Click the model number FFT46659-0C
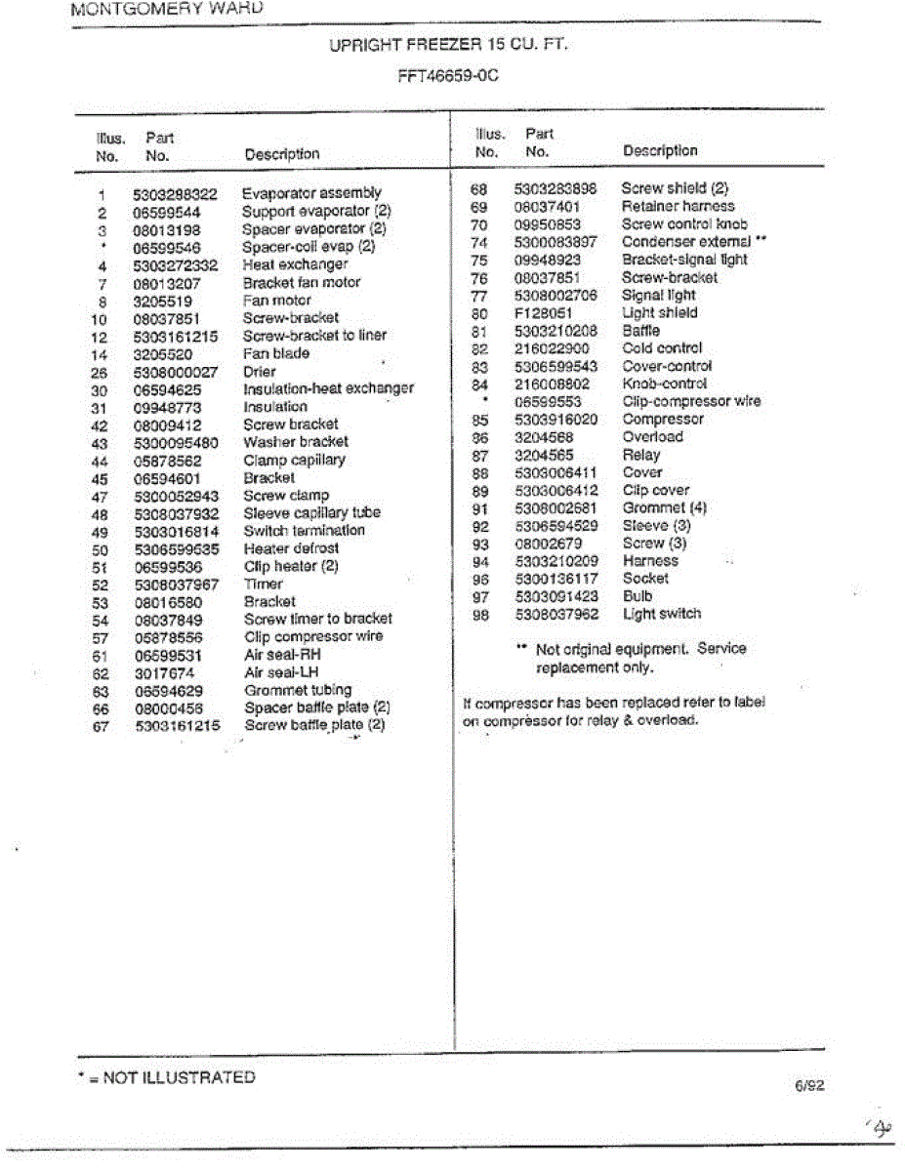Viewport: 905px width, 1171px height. point(448,74)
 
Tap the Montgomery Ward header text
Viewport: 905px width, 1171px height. point(167,9)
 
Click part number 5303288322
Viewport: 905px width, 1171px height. point(175,194)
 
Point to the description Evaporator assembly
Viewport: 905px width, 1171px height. point(311,193)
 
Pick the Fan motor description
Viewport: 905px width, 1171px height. point(277,301)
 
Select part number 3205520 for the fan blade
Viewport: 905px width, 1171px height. point(164,354)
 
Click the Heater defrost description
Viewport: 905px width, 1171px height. point(291,548)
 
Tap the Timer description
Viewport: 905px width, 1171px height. point(263,584)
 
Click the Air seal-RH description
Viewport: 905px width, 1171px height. point(282,655)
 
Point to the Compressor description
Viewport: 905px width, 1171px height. point(663,420)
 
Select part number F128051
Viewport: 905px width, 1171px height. point(543,313)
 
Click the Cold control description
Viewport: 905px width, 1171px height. point(662,348)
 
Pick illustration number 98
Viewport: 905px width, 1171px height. point(478,615)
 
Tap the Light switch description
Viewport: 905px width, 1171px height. point(661,614)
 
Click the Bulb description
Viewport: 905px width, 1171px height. point(638,596)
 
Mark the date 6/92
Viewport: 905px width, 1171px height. point(810,1084)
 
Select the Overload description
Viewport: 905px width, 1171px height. point(652,437)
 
